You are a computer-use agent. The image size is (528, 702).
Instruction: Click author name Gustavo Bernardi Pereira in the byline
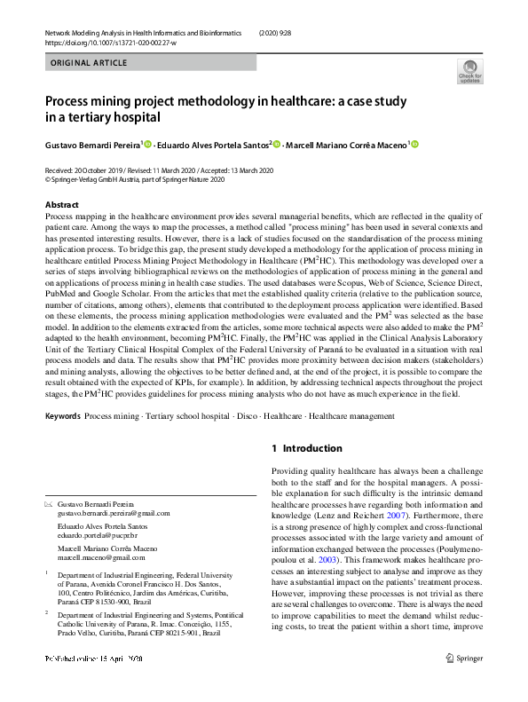91,146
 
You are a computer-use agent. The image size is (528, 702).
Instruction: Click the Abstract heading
62,205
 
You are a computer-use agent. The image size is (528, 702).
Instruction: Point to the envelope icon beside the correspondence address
49,504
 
